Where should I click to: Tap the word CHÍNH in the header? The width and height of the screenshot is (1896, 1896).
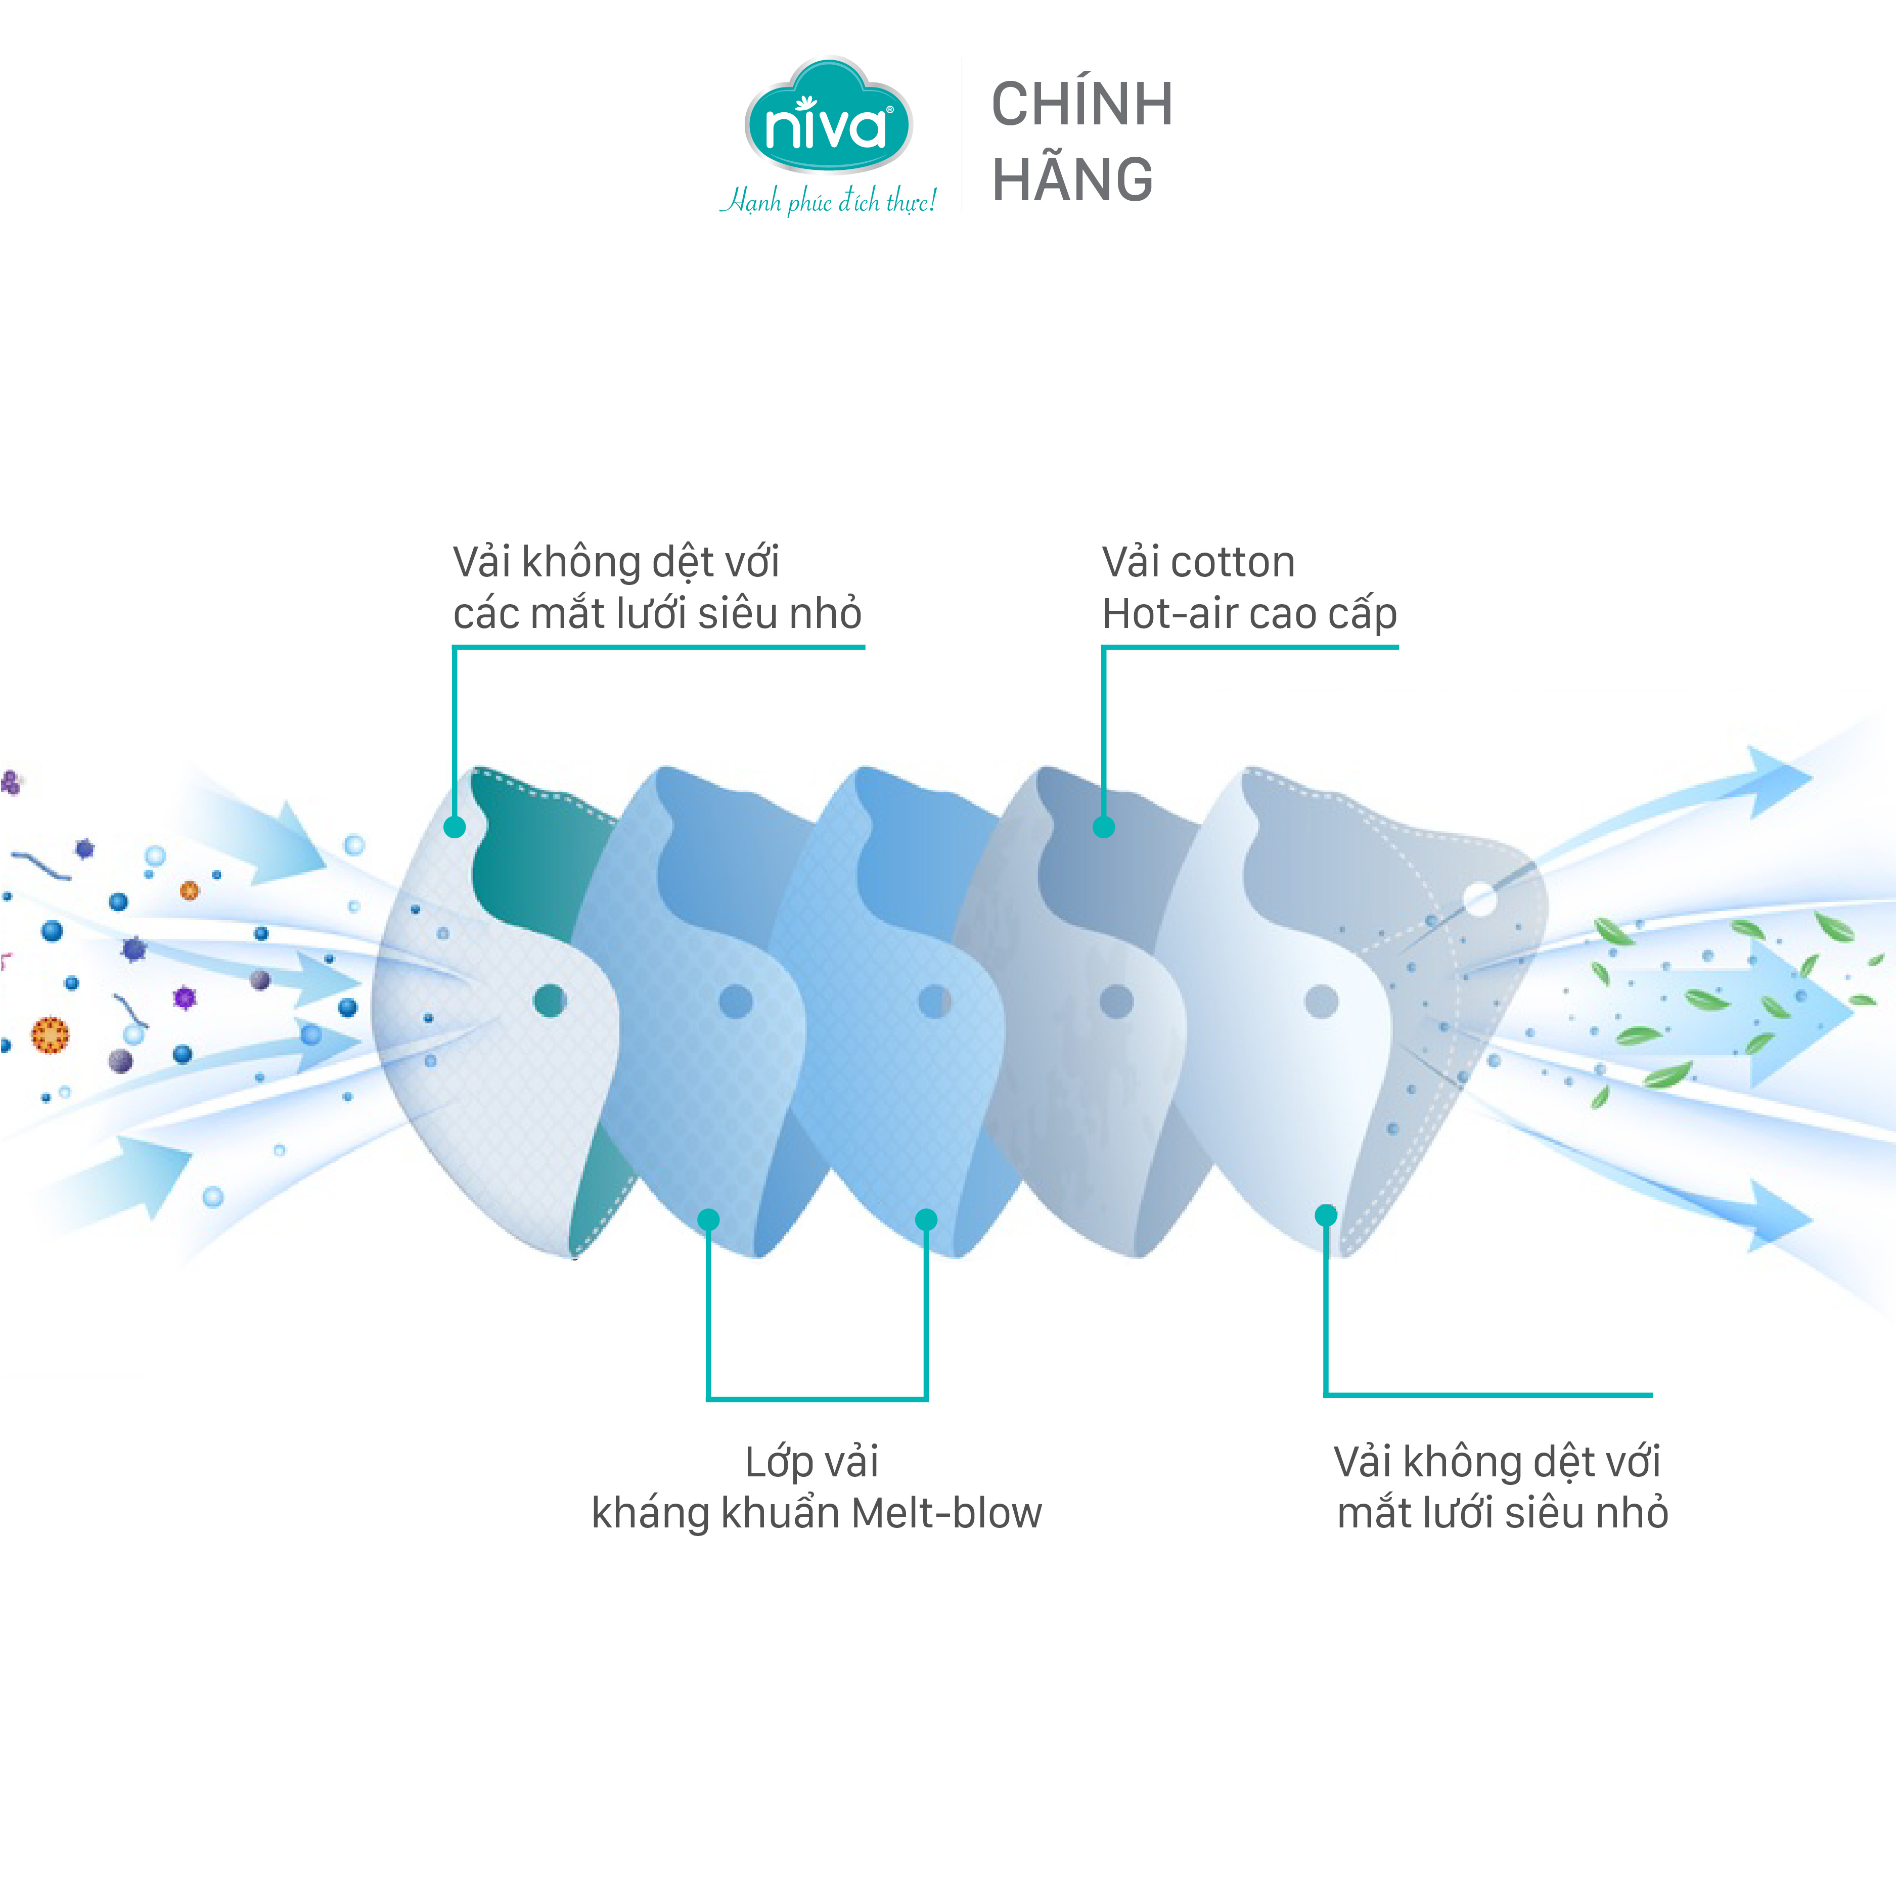pyautogui.click(x=1081, y=104)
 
